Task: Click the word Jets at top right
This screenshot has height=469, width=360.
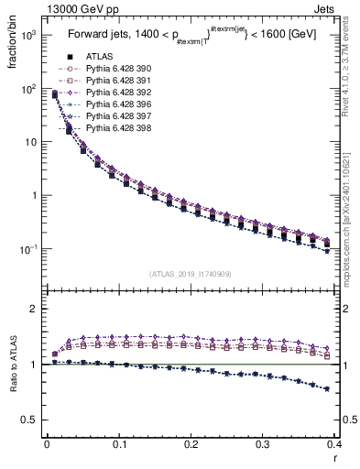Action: tap(338, 9)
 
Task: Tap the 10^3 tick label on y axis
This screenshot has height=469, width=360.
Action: tap(28, 35)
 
